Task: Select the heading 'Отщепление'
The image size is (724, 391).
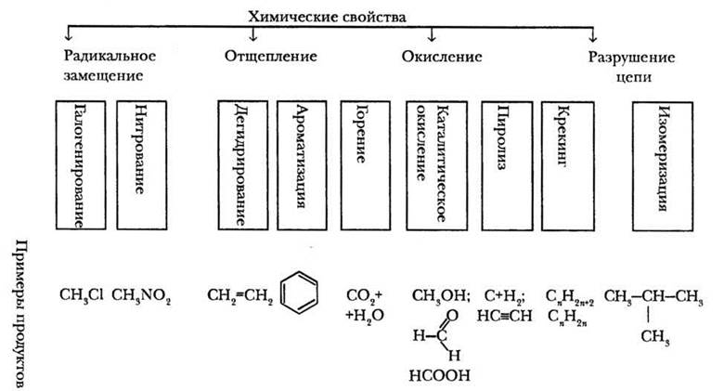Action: (x=270, y=56)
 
